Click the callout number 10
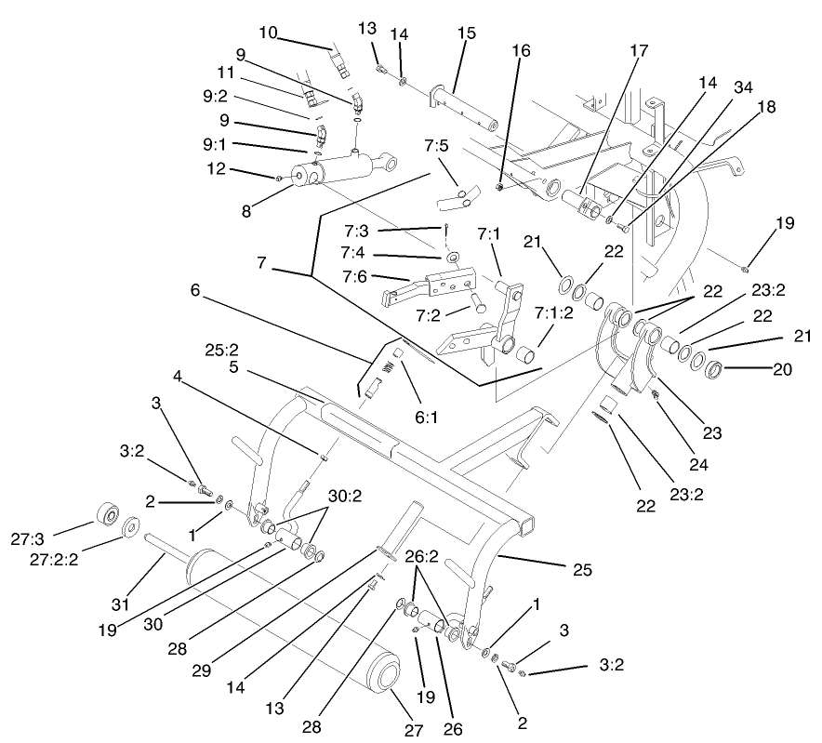268,33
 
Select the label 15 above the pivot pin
466,33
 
